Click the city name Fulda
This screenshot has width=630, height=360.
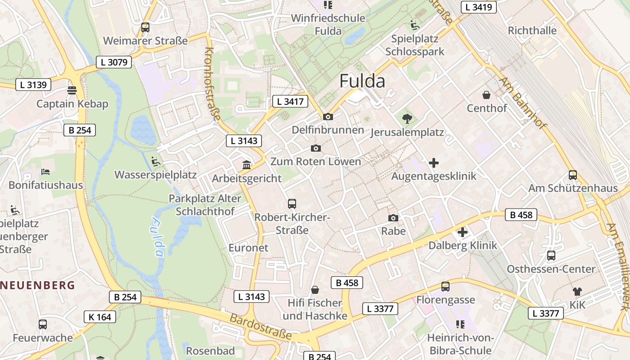tap(362, 81)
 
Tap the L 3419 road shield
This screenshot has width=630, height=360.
tap(479, 7)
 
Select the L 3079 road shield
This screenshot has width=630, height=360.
tap(114, 62)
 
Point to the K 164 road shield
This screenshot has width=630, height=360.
tap(100, 317)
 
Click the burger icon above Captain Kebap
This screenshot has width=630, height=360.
tap(72, 90)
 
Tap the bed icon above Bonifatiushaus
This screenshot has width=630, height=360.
tap(45, 171)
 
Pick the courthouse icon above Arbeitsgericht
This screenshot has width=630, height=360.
tap(247, 165)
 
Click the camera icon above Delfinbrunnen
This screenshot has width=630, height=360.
tap(328, 117)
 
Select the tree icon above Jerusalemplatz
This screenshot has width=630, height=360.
tap(407, 119)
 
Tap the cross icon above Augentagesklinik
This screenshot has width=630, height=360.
tap(434, 162)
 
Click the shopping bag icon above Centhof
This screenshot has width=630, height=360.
tap(486, 95)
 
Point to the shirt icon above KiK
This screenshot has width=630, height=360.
tap(577, 292)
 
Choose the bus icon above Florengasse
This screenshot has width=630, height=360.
tap(445, 286)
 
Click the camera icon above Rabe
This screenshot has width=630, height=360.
tap(393, 218)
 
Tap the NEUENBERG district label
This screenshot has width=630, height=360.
tap(38, 285)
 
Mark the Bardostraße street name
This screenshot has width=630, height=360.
tap(261, 327)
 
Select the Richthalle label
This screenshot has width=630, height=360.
tap(532, 31)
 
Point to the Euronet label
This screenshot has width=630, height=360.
tap(248, 247)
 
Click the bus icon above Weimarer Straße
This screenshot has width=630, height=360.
tap(145, 27)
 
